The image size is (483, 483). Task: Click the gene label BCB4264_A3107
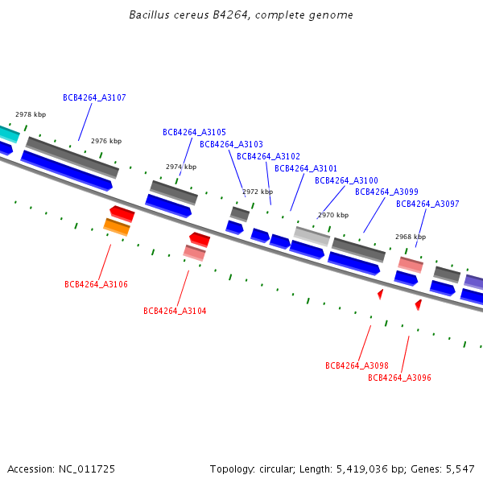pos(94,98)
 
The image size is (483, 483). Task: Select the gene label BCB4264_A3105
pos(194,133)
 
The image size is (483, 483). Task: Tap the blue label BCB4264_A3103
pos(231,145)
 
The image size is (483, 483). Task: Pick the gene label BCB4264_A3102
pos(268,157)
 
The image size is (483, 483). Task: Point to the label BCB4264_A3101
pos(306,169)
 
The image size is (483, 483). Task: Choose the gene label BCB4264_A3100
pos(346,181)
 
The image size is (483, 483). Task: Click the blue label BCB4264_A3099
pos(386,192)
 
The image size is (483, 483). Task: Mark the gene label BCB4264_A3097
pos(427,204)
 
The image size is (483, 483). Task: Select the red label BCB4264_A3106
pos(96,285)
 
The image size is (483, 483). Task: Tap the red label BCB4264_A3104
pos(175,312)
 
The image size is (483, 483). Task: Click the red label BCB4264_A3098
pos(357,366)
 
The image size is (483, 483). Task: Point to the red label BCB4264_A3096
pos(399,378)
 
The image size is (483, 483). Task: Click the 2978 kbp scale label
pos(31,115)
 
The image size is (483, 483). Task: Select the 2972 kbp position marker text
pos(258,192)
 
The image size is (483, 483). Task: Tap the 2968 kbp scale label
pos(410,237)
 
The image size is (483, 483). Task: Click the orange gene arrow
pos(117,227)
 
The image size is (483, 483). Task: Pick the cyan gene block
pos(7,133)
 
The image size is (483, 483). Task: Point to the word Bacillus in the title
pos(149,15)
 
